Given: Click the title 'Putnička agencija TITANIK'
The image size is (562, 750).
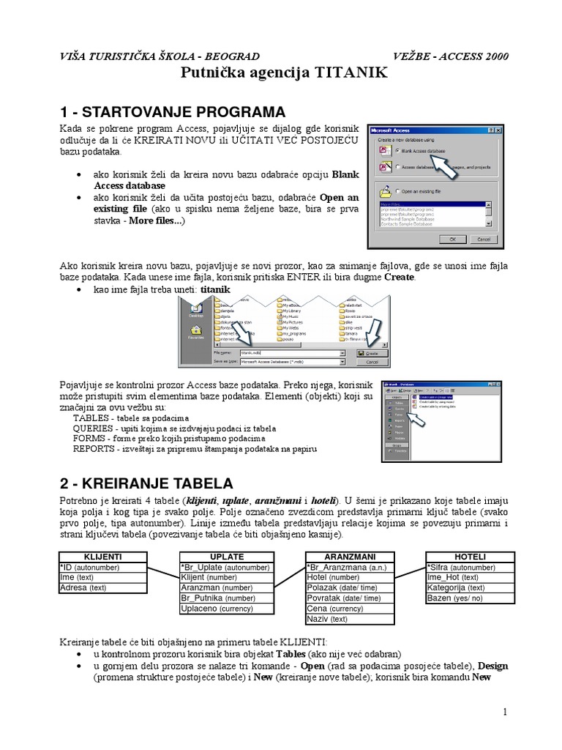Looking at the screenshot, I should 281,74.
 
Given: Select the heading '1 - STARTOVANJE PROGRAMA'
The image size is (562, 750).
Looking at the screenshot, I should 172,112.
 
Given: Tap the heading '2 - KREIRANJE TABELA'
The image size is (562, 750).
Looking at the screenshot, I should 146,483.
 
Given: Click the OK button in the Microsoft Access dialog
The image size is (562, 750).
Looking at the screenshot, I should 453,239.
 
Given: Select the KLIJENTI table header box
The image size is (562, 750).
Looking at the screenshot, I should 104,557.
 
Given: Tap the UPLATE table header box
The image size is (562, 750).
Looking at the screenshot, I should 227,557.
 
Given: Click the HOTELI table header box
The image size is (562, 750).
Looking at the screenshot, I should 470,557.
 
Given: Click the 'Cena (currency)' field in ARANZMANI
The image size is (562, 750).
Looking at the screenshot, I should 335,609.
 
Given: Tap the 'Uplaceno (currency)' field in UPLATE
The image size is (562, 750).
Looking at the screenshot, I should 217,609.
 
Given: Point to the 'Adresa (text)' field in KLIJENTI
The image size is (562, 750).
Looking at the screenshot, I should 83,587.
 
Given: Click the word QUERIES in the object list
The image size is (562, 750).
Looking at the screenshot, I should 93,428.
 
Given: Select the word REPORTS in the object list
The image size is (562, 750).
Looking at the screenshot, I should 94,448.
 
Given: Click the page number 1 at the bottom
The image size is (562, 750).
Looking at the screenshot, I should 504,712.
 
